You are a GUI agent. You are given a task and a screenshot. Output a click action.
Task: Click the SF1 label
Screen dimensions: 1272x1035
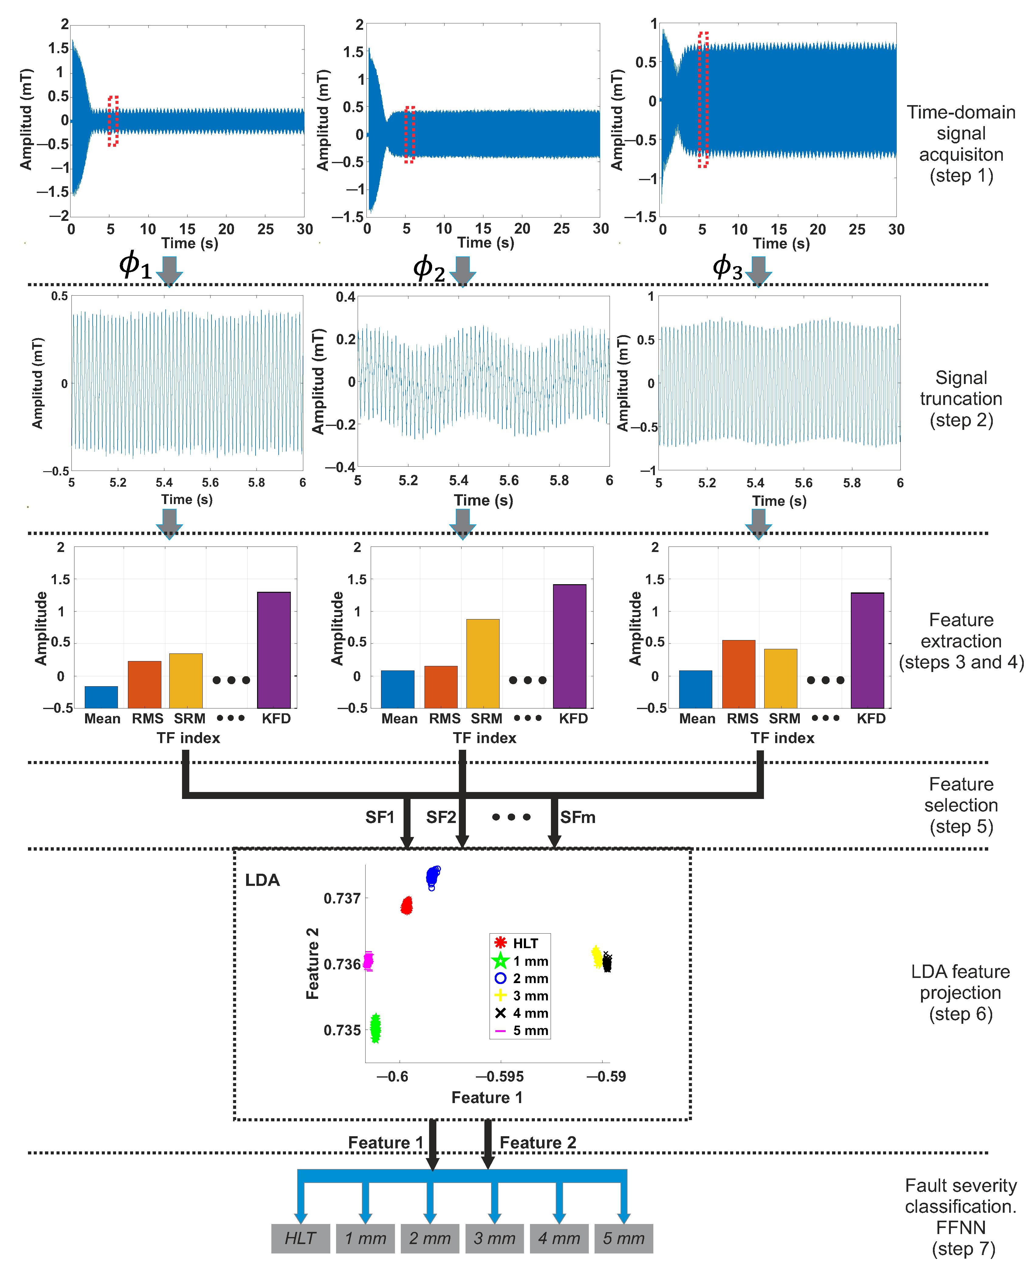pyautogui.click(x=380, y=817)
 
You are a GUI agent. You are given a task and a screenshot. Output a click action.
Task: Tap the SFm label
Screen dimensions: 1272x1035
pyautogui.click(x=577, y=817)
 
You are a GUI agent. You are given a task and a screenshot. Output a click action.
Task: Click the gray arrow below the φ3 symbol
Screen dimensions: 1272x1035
pyautogui.click(x=758, y=271)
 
